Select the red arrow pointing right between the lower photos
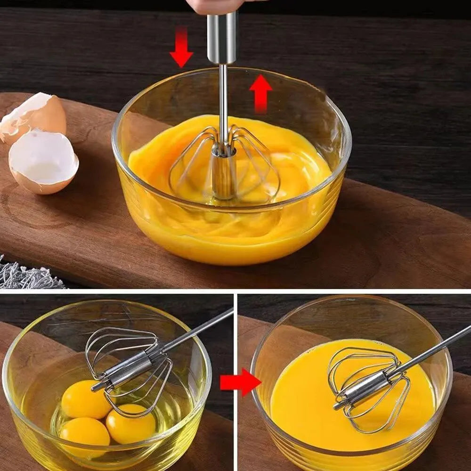click(240, 382)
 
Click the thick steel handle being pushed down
click(222, 38)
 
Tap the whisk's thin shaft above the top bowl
click(223, 94)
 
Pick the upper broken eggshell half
click(35, 116)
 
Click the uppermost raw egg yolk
click(86, 399)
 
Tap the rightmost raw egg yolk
click(130, 423)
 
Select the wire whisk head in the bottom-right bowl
click(367, 386)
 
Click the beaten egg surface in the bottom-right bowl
click(301, 405)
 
